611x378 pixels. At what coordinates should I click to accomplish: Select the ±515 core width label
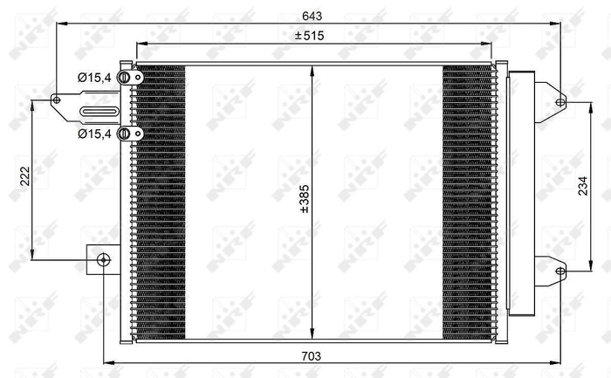click(x=309, y=36)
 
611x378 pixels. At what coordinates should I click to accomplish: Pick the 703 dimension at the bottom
click(x=312, y=355)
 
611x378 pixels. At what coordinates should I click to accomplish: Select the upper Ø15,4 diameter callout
click(x=94, y=79)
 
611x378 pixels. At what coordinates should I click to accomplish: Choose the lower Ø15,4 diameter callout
click(x=94, y=134)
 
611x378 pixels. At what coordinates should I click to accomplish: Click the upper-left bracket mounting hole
click(x=58, y=100)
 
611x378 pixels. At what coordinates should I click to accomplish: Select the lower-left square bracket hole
click(x=103, y=259)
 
